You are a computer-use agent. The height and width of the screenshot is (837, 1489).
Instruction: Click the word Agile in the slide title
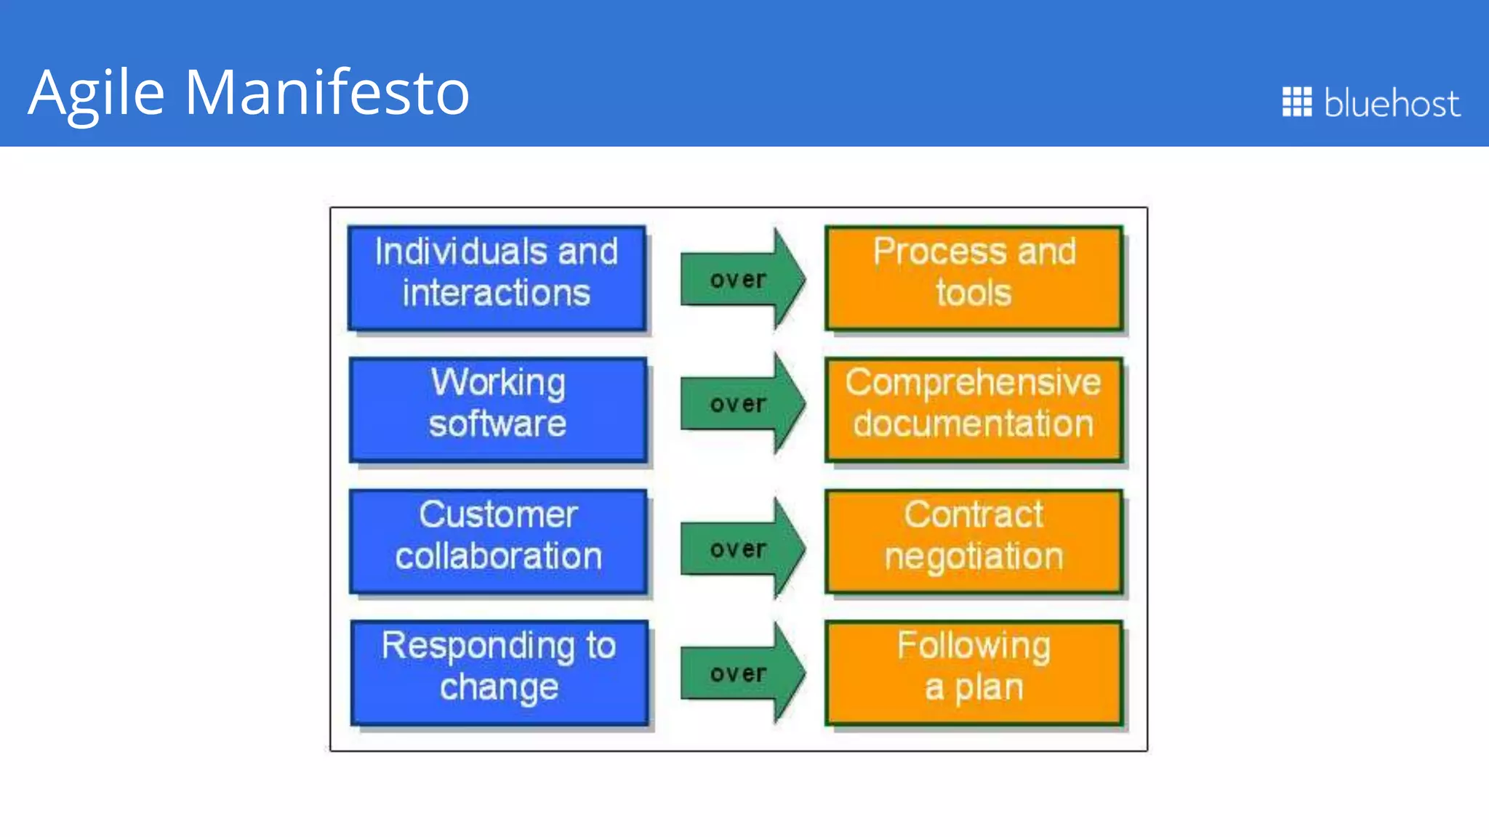(97, 92)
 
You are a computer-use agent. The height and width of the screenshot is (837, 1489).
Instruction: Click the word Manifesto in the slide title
(326, 92)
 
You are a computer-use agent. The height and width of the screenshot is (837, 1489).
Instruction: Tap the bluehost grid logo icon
(1296, 102)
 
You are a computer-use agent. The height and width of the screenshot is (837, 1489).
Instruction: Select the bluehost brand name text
(1391, 103)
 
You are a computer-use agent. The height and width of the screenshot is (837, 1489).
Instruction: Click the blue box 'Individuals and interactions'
(497, 278)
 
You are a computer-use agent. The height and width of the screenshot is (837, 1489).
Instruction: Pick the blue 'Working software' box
(498, 410)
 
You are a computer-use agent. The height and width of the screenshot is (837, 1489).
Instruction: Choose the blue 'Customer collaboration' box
(498, 541)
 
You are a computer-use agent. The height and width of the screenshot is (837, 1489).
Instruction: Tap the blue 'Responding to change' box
(499, 673)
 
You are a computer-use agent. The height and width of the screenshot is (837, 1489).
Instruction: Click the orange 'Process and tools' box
(974, 278)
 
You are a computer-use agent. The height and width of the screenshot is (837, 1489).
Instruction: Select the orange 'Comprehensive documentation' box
(974, 410)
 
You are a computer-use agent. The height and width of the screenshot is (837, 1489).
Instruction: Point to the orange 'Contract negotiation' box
(974, 541)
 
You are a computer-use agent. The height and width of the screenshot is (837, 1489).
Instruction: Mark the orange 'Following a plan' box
(974, 673)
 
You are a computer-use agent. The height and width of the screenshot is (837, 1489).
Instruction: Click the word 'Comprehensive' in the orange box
(973, 383)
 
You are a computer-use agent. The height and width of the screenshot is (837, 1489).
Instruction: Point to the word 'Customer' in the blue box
(498, 514)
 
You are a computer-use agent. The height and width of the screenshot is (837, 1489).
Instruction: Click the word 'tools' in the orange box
(974, 294)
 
